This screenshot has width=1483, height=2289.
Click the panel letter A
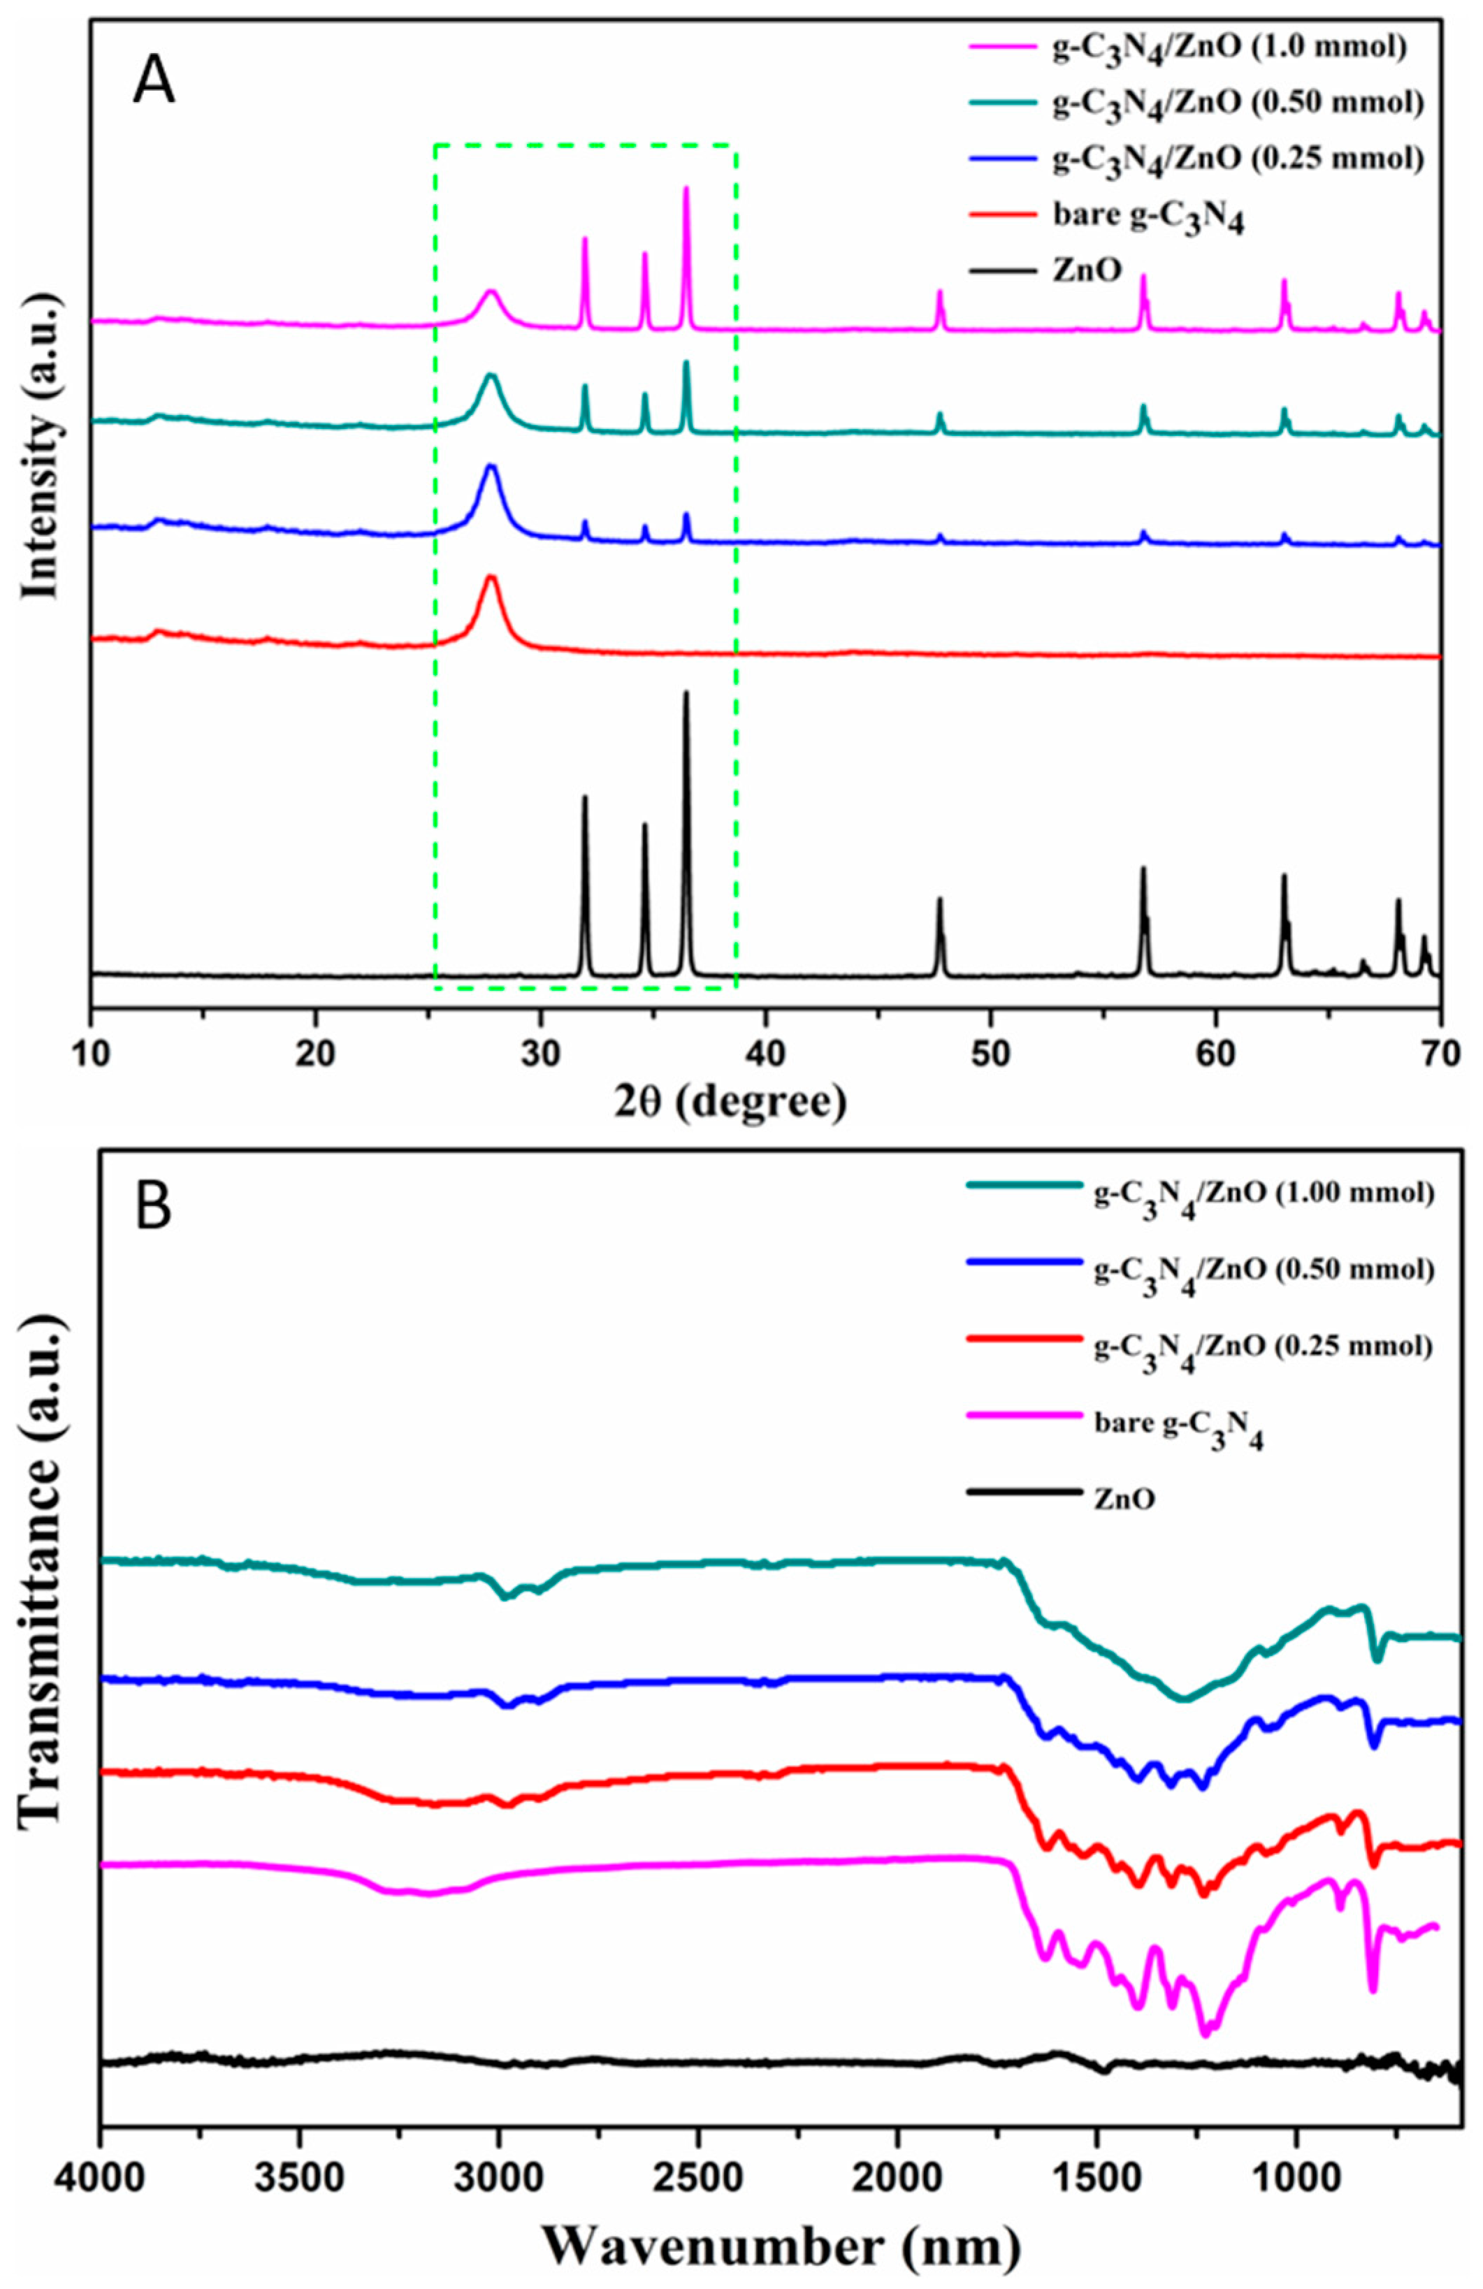153,82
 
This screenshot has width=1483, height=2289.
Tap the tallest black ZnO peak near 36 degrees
686,695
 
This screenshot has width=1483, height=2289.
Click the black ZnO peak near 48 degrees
939,900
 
